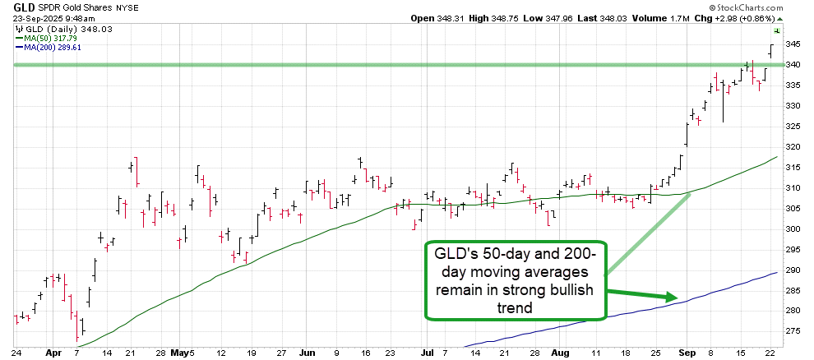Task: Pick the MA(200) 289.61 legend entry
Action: (53, 48)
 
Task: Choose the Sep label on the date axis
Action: (687, 351)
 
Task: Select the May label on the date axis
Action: (179, 351)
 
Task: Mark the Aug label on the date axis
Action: (560, 351)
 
